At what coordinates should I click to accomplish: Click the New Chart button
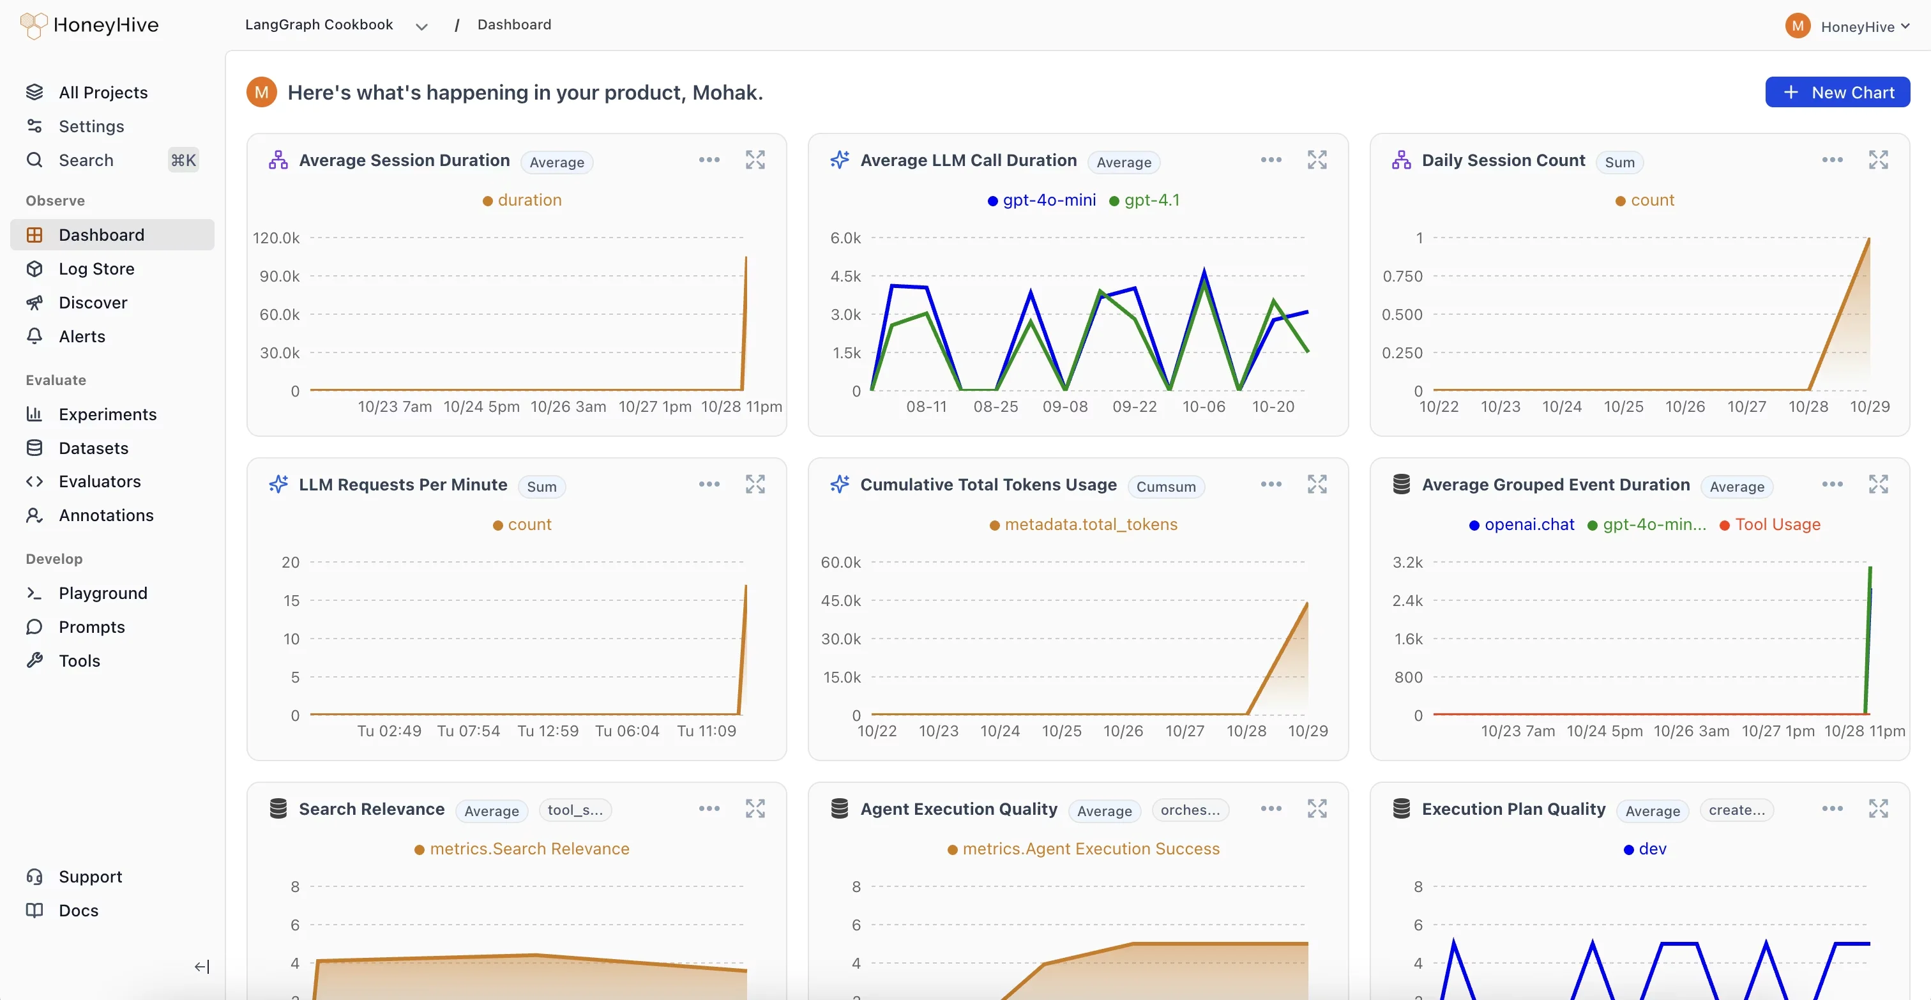1836,92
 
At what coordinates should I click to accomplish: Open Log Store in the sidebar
96,268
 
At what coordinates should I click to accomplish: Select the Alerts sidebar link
82,337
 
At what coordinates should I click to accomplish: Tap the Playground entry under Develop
103,593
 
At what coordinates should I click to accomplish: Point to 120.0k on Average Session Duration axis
276,238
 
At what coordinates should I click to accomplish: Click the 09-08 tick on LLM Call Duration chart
1064,406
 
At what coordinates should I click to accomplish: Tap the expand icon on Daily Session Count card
1878,160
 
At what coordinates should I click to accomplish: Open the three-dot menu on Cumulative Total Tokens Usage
1271,484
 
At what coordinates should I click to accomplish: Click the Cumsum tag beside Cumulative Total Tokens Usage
1165,487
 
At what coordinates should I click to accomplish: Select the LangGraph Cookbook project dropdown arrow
421,26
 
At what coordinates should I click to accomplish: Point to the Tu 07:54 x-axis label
469,731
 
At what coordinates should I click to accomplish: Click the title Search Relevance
371,809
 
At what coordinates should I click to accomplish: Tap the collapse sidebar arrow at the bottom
202,966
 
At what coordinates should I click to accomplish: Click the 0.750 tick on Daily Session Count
1402,276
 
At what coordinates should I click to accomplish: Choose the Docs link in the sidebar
78,910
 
